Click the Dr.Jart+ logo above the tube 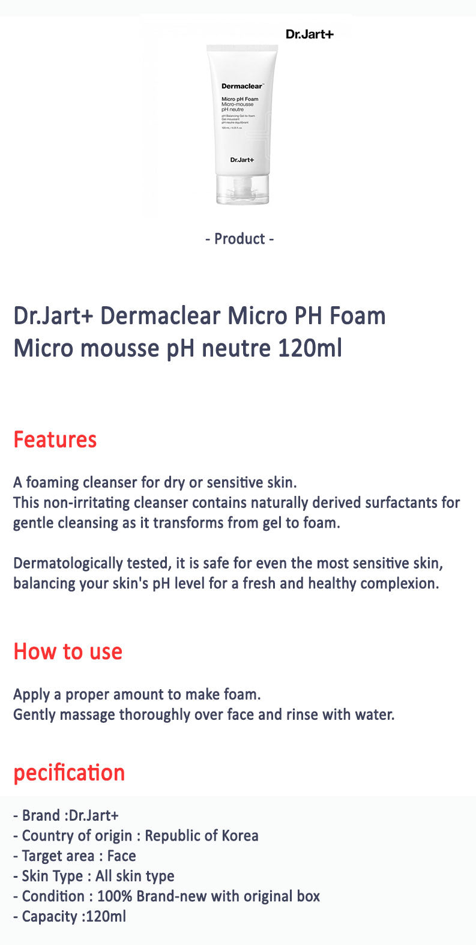pos(309,34)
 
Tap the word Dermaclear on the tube pos(239,86)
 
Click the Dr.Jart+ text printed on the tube pos(242,159)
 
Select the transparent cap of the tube pos(243,190)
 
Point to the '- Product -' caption pos(240,239)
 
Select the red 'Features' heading pos(55,439)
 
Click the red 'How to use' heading pos(68,651)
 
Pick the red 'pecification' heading pos(69,773)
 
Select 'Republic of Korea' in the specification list pos(202,836)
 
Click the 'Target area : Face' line pos(75,856)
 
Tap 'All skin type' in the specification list pos(135,877)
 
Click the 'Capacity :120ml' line pos(70,917)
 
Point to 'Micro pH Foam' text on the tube pos(240,99)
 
